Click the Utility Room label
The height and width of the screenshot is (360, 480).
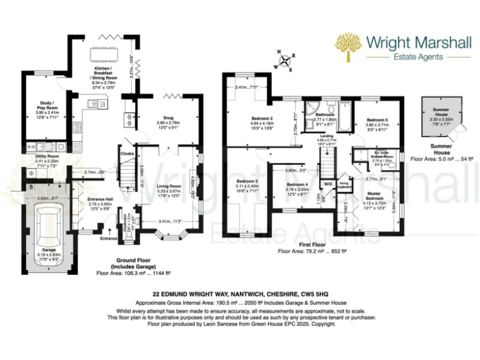[47, 157]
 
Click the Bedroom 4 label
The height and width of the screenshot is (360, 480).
[297, 186]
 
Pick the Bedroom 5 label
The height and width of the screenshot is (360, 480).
[377, 120]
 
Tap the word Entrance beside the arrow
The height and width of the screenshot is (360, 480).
[109, 238]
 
